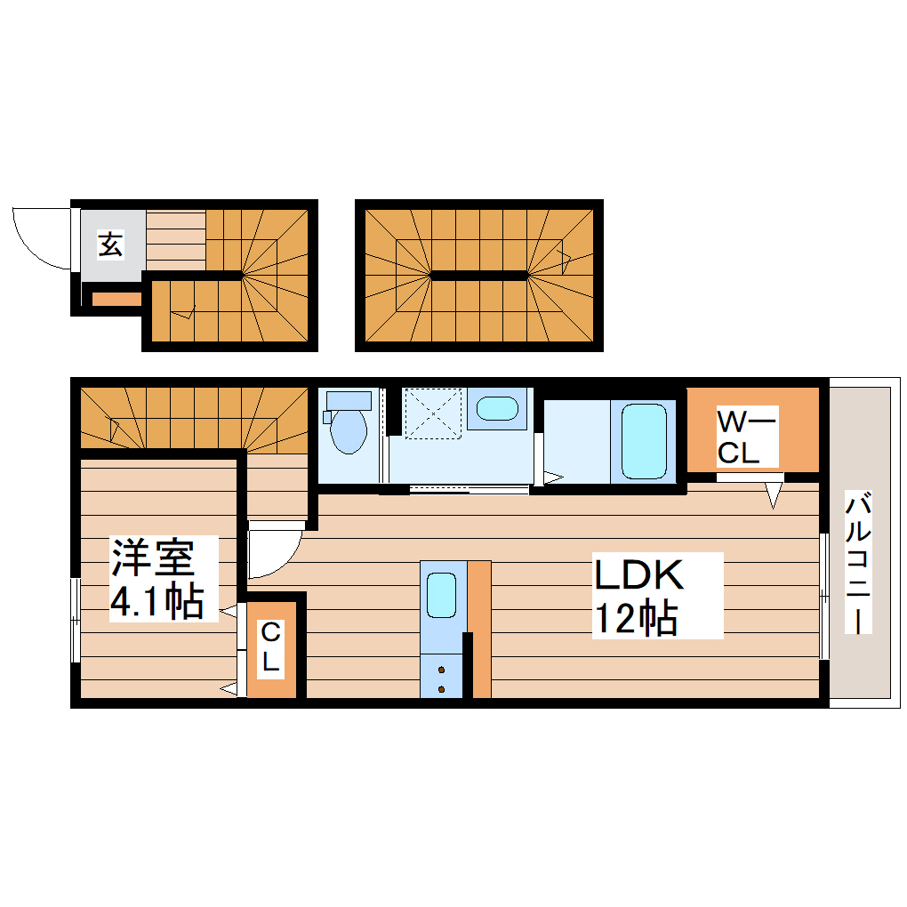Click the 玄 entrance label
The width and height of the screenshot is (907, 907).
(x=110, y=243)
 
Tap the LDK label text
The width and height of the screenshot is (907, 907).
(x=638, y=576)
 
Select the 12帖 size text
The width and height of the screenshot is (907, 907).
(x=635, y=618)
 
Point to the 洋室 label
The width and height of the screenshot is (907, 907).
(x=152, y=558)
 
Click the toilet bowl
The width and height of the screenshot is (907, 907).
(x=347, y=431)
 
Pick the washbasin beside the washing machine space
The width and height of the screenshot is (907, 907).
(x=496, y=409)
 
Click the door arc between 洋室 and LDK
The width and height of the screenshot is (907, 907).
(x=272, y=552)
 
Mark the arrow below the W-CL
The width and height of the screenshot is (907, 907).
(x=774, y=494)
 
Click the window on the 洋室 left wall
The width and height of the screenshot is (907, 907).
(x=76, y=620)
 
